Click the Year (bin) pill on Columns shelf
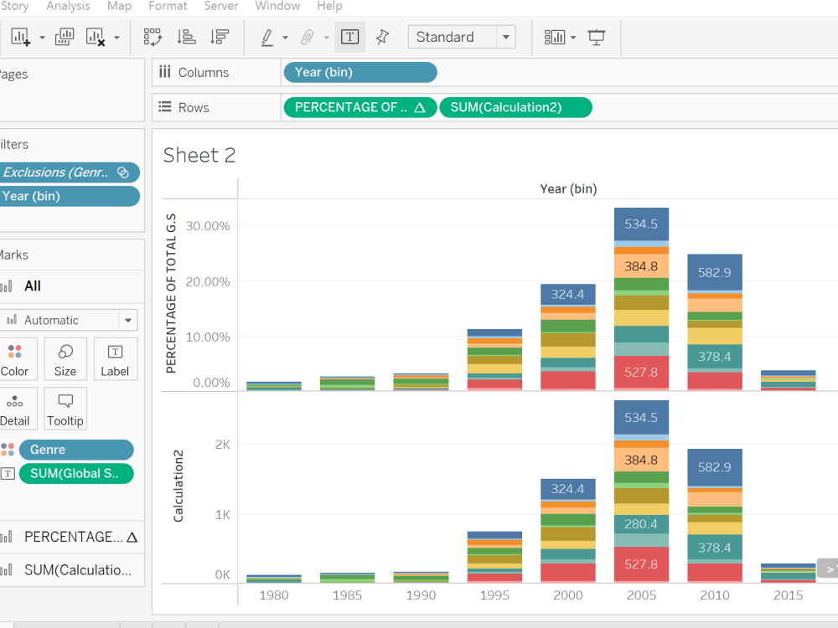click(x=360, y=73)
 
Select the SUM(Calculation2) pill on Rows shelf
click(x=515, y=107)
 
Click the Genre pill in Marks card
click(x=75, y=450)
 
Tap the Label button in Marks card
click(x=115, y=359)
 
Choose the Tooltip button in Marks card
click(x=65, y=409)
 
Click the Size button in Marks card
click(x=65, y=359)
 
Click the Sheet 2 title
click(x=199, y=155)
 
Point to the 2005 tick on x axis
click(x=641, y=595)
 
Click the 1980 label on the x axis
click(x=274, y=595)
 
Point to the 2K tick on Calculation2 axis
click(x=222, y=445)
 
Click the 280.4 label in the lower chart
click(x=641, y=524)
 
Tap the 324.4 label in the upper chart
click(x=568, y=295)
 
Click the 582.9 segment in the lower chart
click(x=715, y=467)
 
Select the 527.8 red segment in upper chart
click(x=641, y=372)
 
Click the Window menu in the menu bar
click(x=277, y=6)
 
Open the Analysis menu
click(x=68, y=6)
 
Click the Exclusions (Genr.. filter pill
click(x=67, y=172)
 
